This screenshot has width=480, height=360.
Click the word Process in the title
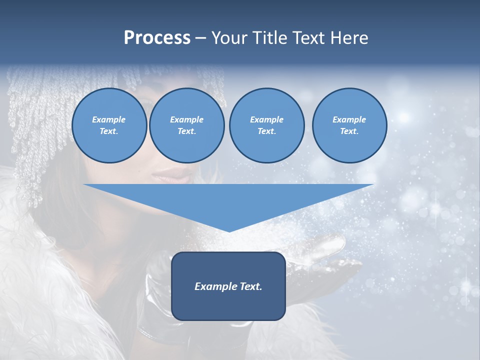pos(157,38)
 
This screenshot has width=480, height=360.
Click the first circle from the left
pos(109,125)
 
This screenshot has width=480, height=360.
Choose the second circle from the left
pos(187,125)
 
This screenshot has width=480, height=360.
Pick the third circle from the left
pos(266,125)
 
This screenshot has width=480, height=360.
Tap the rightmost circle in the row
pos(349,125)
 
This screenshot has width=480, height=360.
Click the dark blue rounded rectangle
pos(228,286)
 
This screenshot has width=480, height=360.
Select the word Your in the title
pos(229,38)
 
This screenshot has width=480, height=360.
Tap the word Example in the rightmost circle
pos(349,119)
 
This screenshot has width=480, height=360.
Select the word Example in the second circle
pos(187,119)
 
